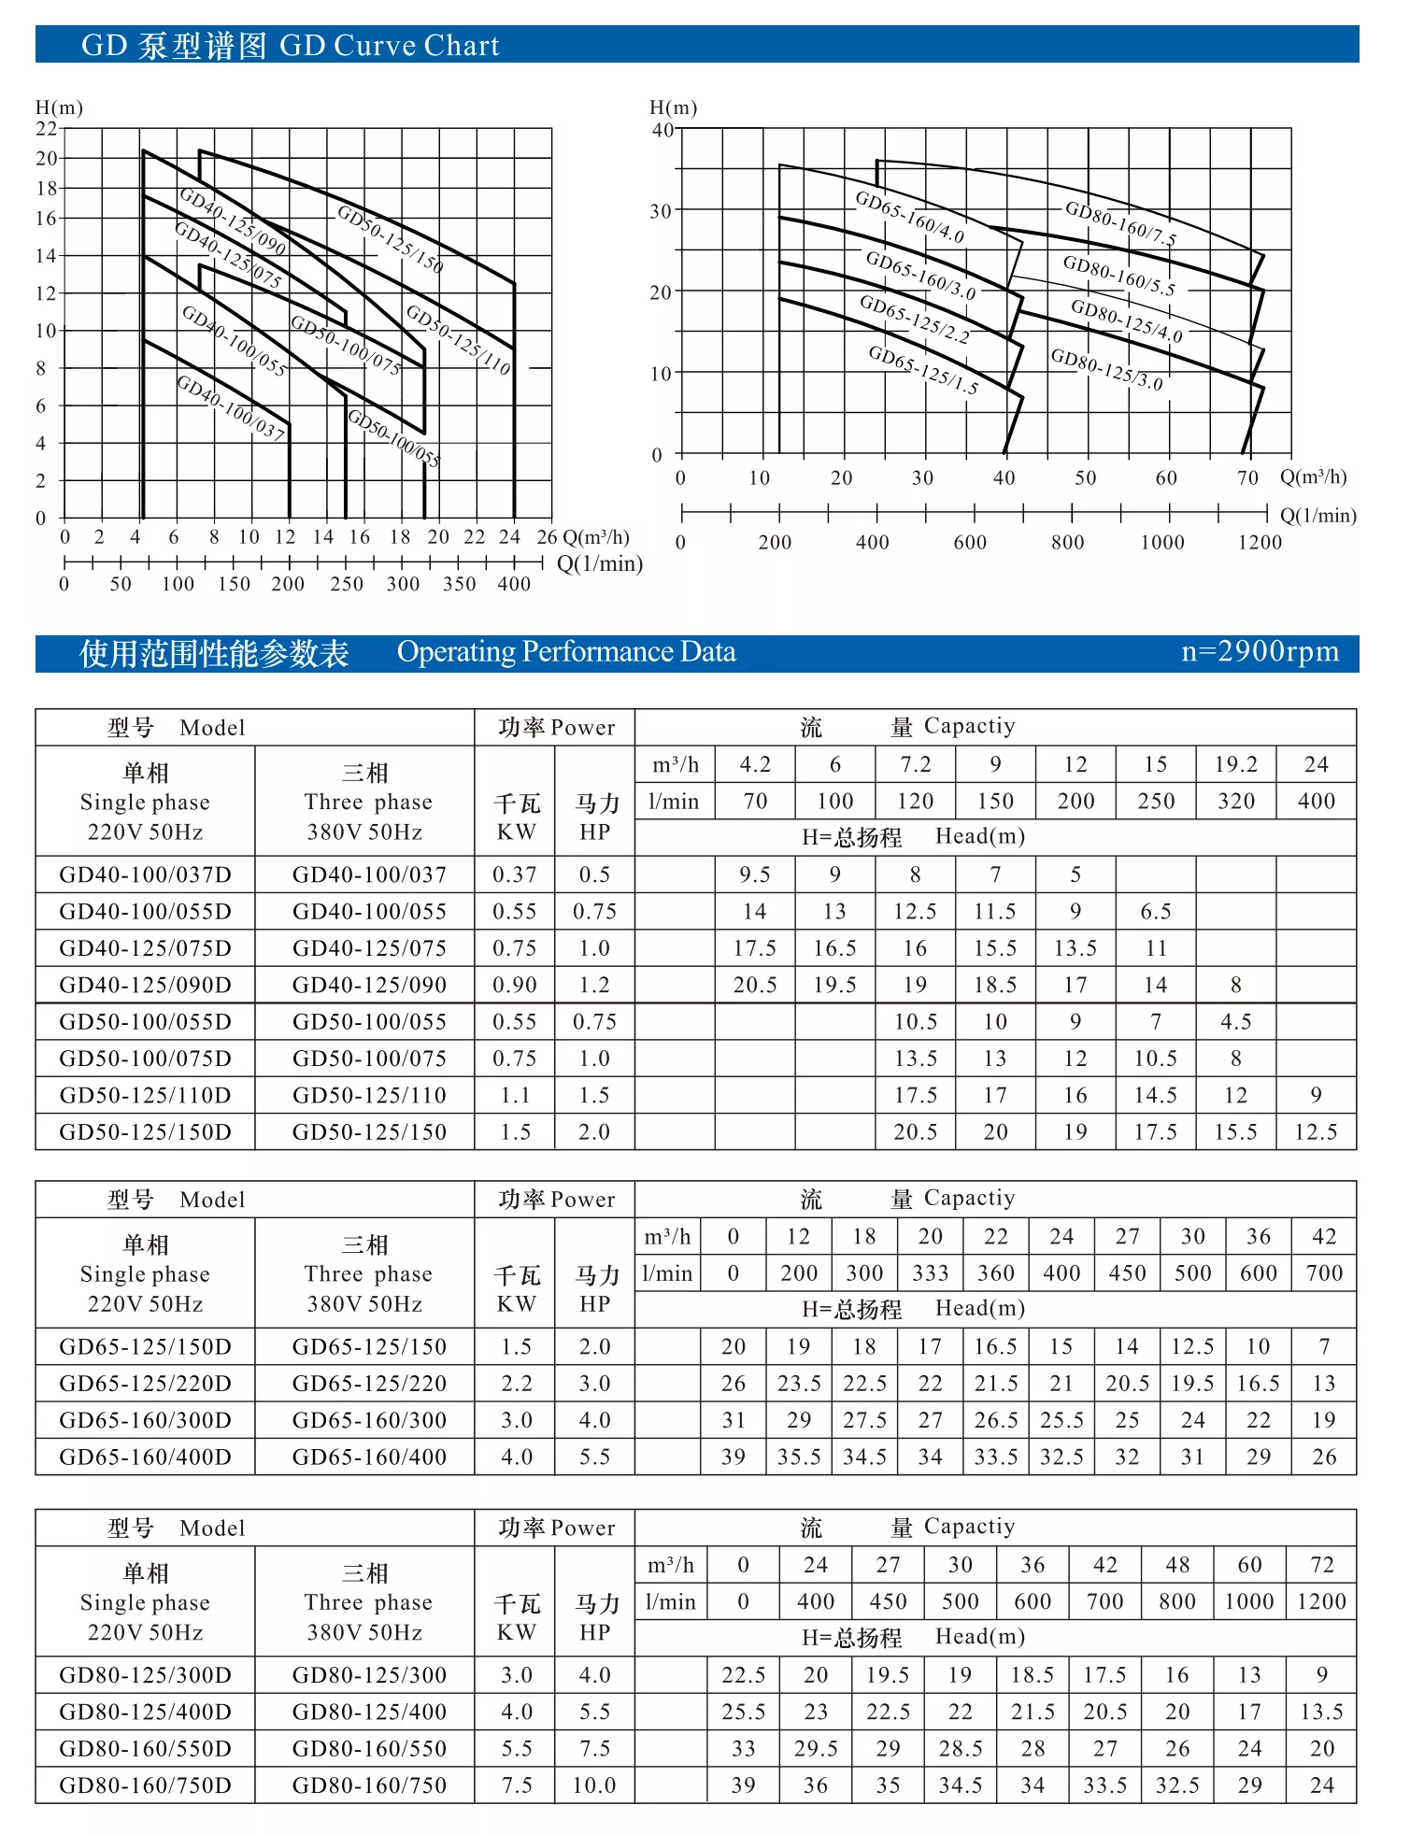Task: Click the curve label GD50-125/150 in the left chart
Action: tap(390, 238)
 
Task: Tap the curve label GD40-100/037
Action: tap(231, 407)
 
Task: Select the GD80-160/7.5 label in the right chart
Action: tap(1120, 223)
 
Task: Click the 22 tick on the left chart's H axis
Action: tap(46, 129)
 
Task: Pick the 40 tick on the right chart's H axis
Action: tap(662, 130)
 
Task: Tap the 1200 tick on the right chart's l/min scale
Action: tap(1260, 543)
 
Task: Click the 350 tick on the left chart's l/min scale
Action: tap(459, 584)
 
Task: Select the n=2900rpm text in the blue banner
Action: tap(1260, 652)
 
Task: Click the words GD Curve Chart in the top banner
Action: tap(390, 46)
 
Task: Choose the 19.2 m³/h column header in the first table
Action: tap(1235, 764)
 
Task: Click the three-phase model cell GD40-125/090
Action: tap(369, 985)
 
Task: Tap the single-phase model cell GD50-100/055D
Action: tap(145, 1021)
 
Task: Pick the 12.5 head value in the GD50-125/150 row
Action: tap(1316, 1132)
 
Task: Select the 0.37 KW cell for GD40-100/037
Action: tap(515, 874)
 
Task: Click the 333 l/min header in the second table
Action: tap(930, 1273)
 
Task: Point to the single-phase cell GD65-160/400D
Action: tap(145, 1457)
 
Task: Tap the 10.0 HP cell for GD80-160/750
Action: tap(594, 1785)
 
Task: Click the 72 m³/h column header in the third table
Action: tap(1322, 1565)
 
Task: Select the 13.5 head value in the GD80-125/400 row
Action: tap(1322, 1712)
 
